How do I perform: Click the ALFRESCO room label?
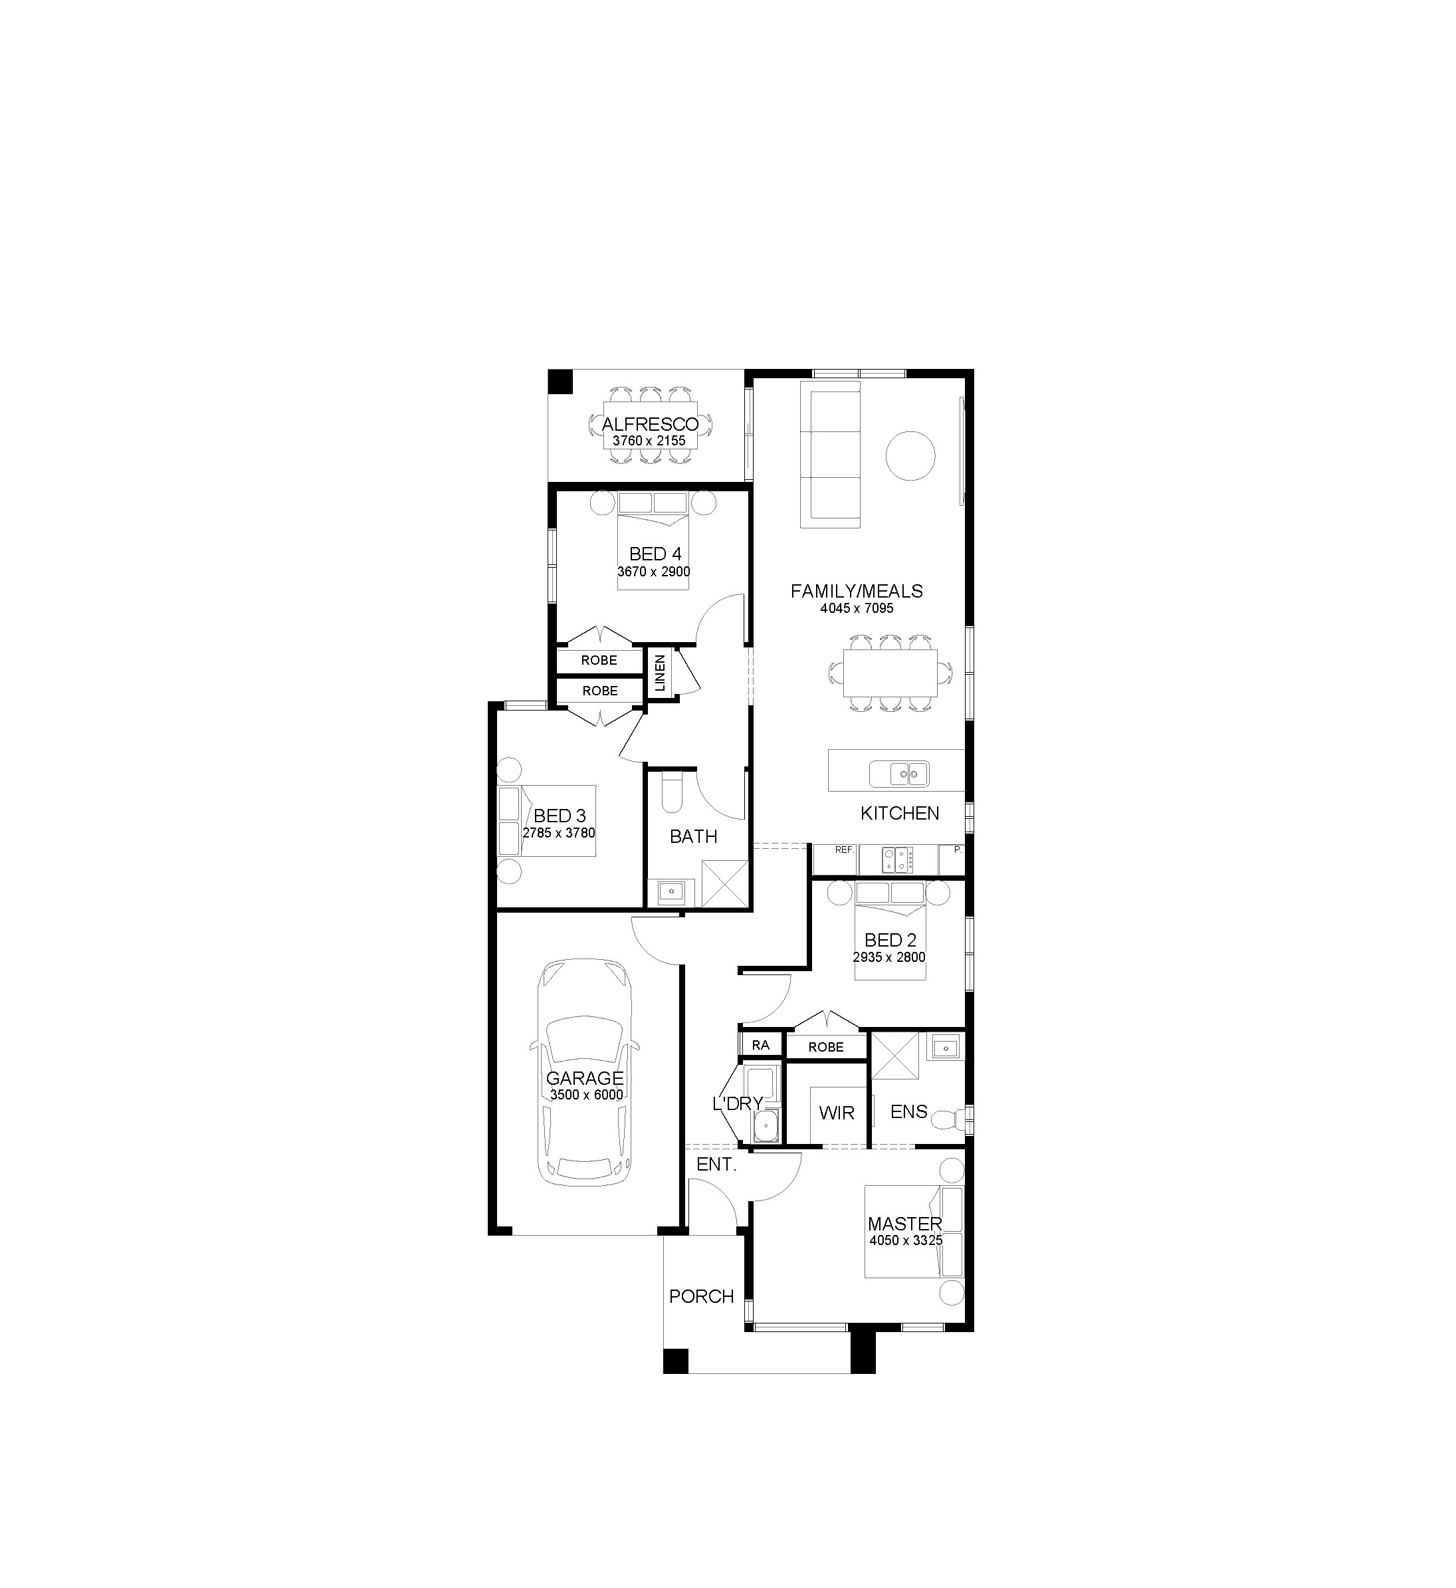point(650,425)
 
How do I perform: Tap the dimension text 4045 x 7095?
point(857,608)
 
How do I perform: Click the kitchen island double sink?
point(899,774)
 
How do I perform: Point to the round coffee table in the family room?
point(911,455)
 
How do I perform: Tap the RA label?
point(760,1045)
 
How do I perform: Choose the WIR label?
point(837,1113)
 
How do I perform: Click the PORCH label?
point(701,1296)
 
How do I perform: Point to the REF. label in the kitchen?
point(845,850)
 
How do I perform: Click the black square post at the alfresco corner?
point(560,382)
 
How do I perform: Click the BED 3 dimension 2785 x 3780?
point(559,833)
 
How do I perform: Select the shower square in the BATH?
point(723,883)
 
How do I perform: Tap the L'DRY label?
point(738,1104)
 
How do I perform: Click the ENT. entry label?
point(716,1164)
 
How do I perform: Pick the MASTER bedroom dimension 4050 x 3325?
point(906,1240)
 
